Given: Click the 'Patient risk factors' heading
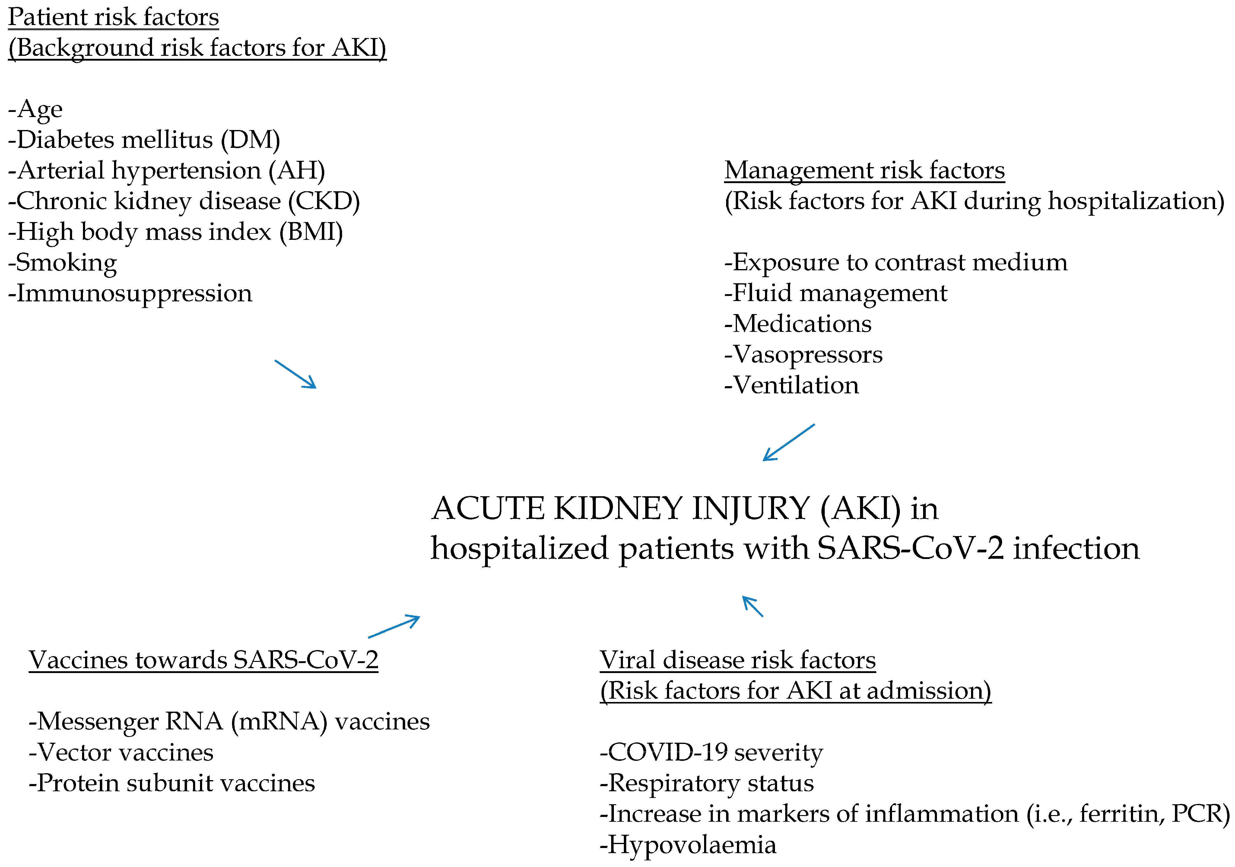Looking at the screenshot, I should pyautogui.click(x=113, y=17).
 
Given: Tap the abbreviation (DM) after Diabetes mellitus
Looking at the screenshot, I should pyautogui.click(x=251, y=140).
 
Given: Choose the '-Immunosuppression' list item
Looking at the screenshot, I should pyautogui.click(x=130, y=294).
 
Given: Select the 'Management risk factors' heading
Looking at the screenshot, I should pyautogui.click(x=864, y=170).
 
